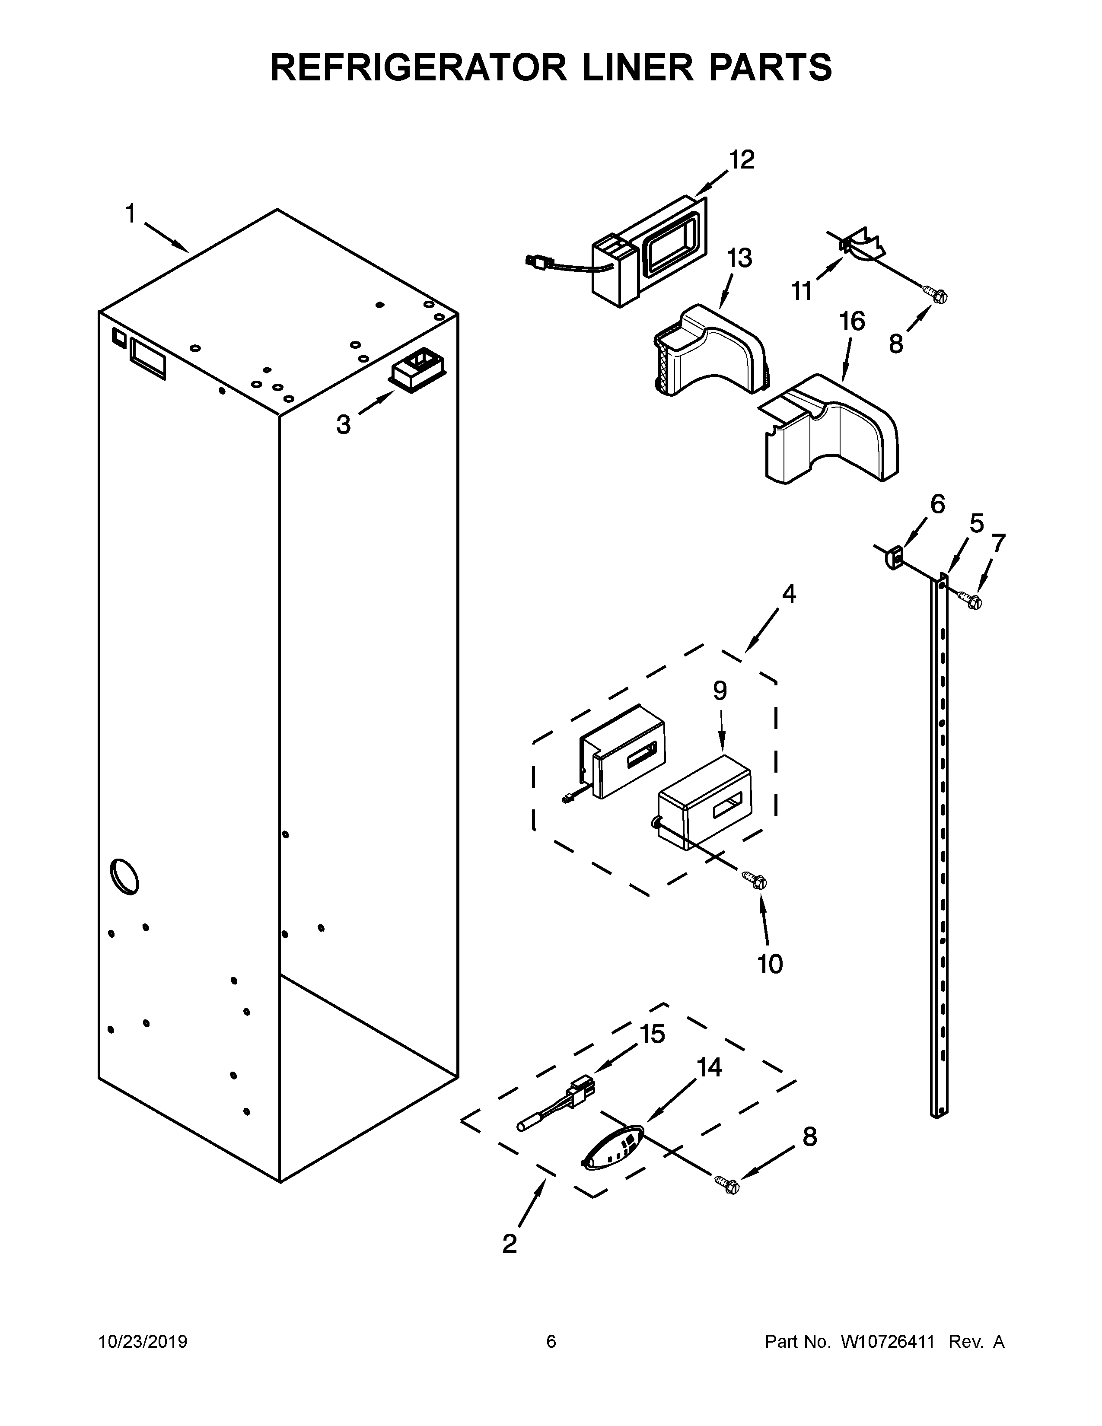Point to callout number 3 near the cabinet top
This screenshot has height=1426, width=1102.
coord(344,425)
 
